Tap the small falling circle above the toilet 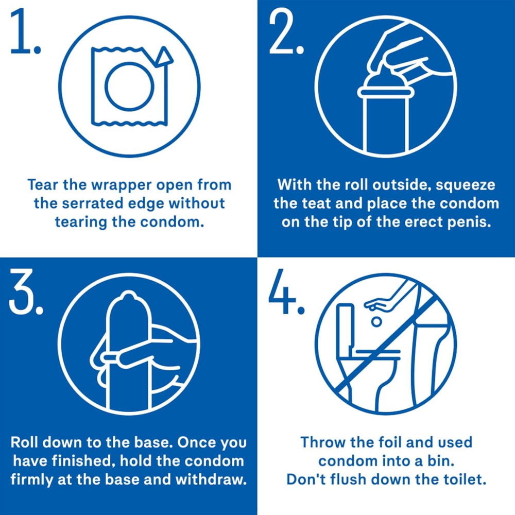[x=377, y=321]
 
